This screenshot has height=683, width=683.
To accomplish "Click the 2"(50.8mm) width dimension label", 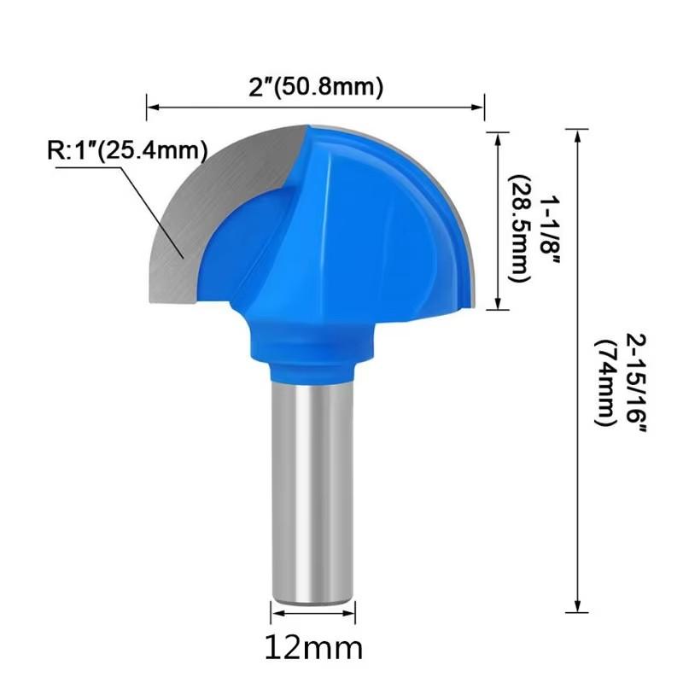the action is click(316, 87).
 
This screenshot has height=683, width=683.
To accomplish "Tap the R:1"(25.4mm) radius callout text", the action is click(127, 151).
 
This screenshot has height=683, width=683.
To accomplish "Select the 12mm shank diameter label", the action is click(313, 648).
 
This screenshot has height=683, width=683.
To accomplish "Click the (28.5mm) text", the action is click(520, 229).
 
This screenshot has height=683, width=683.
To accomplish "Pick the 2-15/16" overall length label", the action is click(636, 382).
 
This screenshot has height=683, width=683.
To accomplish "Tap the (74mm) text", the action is click(606, 382).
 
